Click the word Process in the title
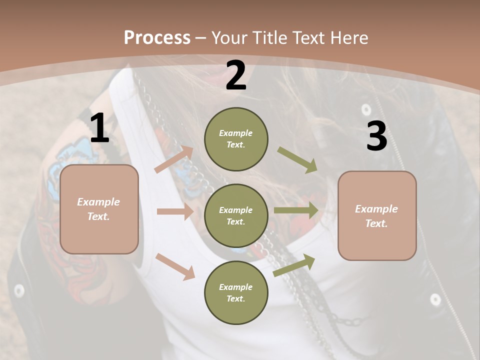(x=157, y=37)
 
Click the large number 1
(x=99, y=128)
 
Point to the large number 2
(x=236, y=76)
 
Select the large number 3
(x=376, y=136)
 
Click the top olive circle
(x=236, y=139)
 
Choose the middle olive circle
(x=236, y=215)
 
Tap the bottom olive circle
(x=236, y=292)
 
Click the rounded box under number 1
(x=99, y=209)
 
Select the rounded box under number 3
(x=377, y=216)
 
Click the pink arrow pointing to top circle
(x=174, y=159)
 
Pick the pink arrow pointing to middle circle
(x=175, y=211)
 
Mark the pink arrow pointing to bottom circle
(x=175, y=266)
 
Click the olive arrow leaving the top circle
(x=297, y=159)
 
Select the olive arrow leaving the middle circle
(x=296, y=210)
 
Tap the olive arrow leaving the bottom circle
(x=294, y=265)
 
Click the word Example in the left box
(x=98, y=202)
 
